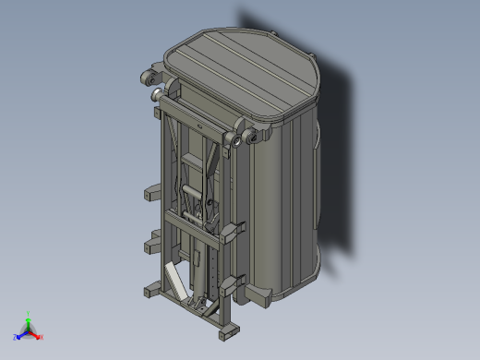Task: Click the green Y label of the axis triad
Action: (30, 313)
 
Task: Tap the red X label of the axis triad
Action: (42, 337)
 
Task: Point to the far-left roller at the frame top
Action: (147, 77)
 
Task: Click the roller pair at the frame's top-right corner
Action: (243, 139)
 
